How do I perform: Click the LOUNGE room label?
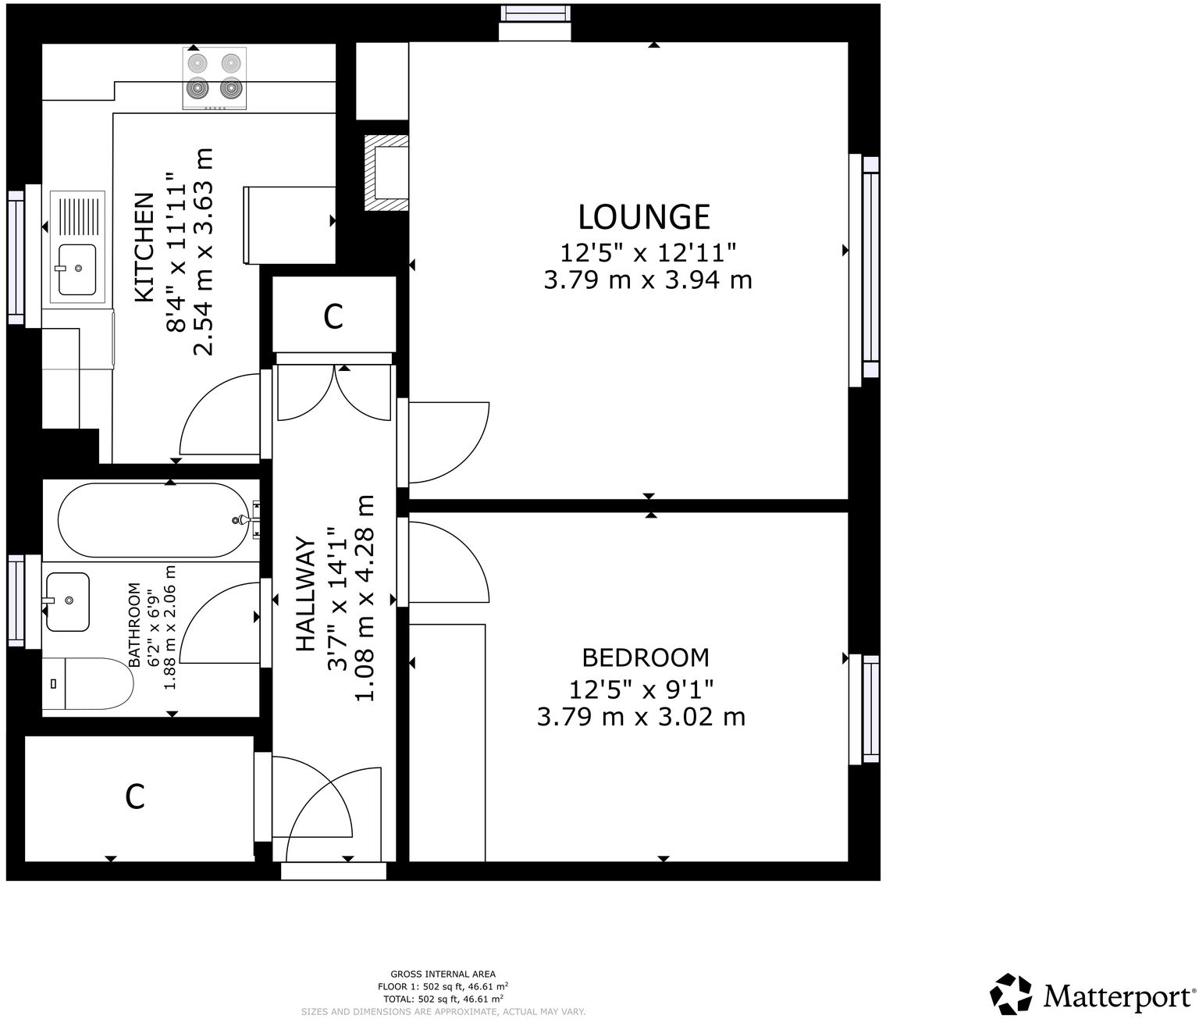click(x=644, y=216)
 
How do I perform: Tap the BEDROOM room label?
click(x=646, y=657)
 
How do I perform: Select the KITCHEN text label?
click(x=144, y=248)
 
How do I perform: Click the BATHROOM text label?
click(x=133, y=625)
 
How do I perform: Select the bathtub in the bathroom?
click(x=152, y=519)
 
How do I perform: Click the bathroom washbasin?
click(x=68, y=601)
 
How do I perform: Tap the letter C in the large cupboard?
click(x=135, y=796)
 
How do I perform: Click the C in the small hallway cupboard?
click(x=333, y=316)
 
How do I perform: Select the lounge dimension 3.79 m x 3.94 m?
click(x=647, y=280)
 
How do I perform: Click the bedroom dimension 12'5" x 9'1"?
click(x=641, y=689)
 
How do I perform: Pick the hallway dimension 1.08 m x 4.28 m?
click(x=365, y=597)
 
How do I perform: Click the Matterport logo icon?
click(x=1012, y=994)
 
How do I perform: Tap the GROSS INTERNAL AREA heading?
click(x=443, y=974)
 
